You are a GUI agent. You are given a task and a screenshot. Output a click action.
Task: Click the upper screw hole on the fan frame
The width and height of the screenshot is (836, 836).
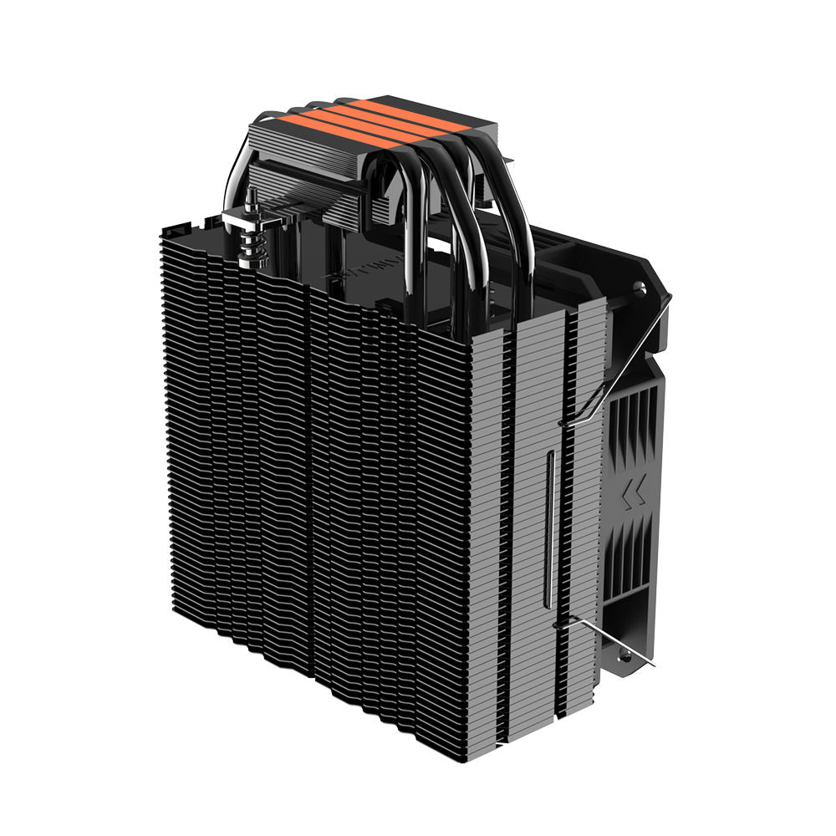(641, 288)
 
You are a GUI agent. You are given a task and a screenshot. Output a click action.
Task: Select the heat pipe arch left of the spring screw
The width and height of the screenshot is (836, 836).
(230, 176)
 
